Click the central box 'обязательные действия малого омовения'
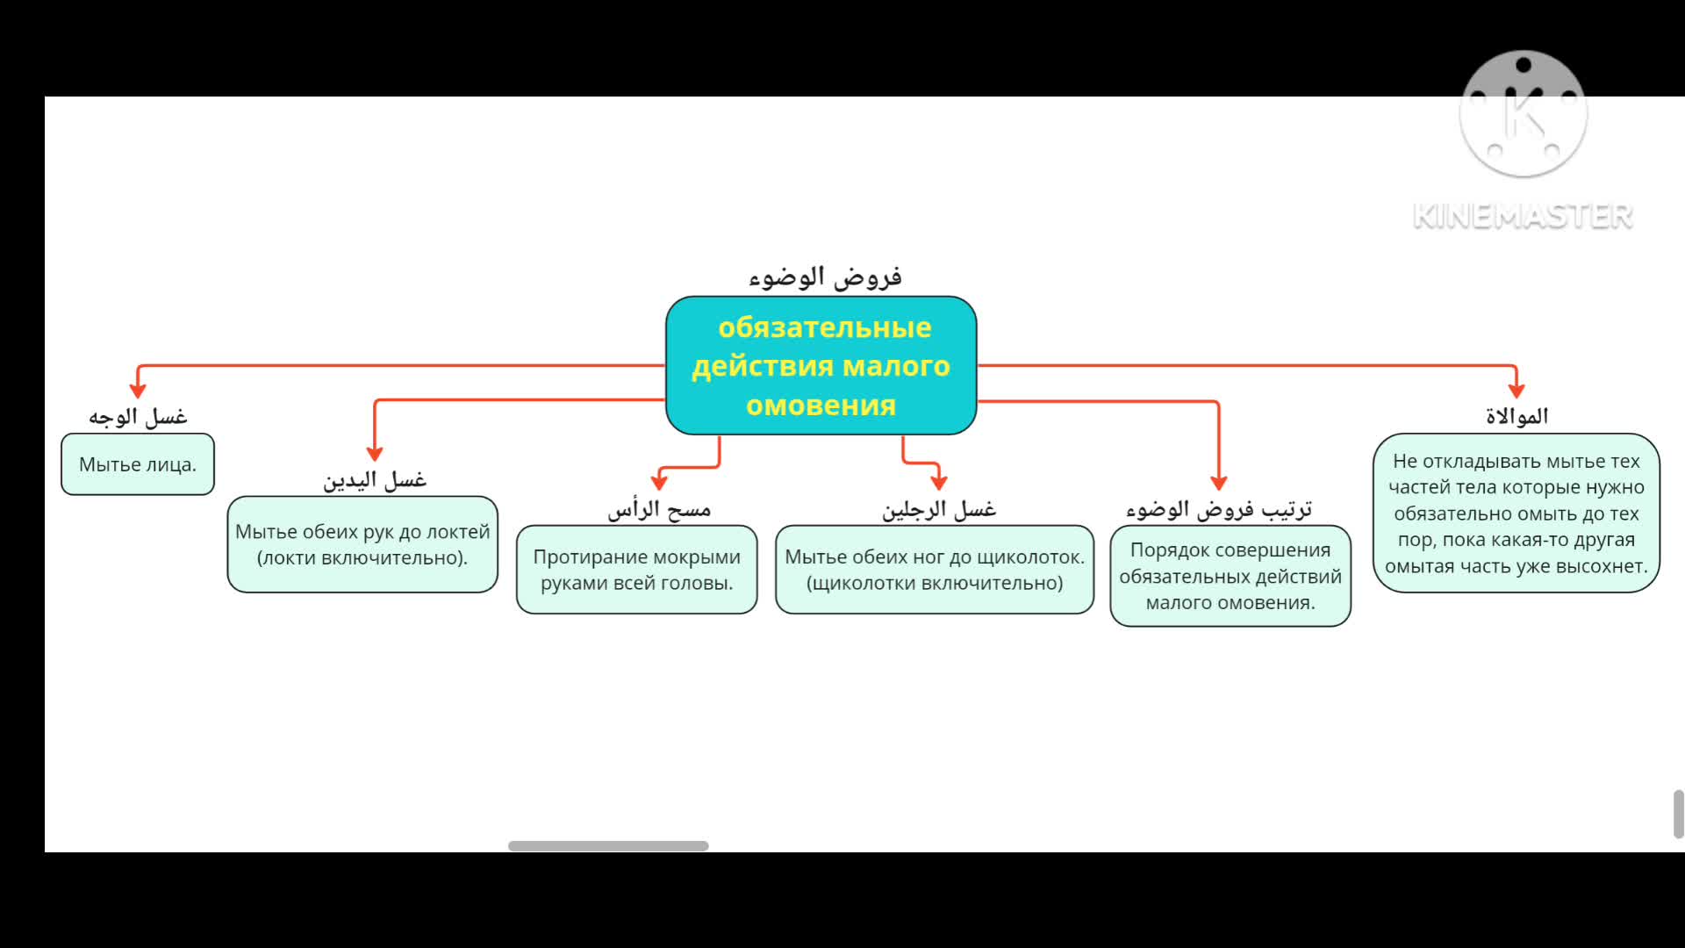click(821, 365)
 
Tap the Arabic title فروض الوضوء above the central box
click(825, 277)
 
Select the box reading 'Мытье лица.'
click(138, 464)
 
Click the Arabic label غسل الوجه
click(138, 417)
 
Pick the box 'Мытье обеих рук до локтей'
click(362, 544)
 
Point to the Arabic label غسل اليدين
click(375, 480)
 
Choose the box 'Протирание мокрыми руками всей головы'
click(636, 570)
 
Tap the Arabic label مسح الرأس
click(659, 509)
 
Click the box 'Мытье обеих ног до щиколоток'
click(935, 570)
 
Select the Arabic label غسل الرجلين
click(939, 509)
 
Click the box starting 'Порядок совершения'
click(1230, 576)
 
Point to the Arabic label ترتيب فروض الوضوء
click(1219, 509)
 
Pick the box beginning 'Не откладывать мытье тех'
click(1516, 513)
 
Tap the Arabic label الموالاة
click(1516, 416)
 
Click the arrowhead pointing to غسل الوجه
click(138, 390)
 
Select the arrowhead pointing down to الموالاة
click(1516, 390)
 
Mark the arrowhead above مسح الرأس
click(659, 481)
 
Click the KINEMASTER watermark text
click(1523, 216)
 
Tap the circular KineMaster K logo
click(1524, 114)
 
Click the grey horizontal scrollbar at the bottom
click(608, 846)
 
